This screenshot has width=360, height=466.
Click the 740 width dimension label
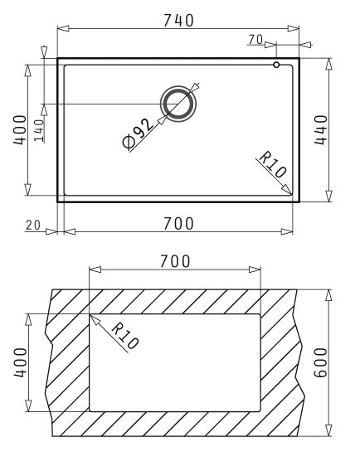[x=178, y=20]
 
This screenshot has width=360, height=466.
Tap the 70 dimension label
[x=255, y=39]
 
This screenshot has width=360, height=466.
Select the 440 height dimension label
[x=322, y=129]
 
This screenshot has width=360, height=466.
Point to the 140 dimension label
[x=39, y=129]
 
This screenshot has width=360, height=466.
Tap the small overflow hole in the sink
[x=277, y=63]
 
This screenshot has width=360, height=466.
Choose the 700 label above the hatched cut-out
[x=175, y=262]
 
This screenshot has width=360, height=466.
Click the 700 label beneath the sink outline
[x=178, y=223]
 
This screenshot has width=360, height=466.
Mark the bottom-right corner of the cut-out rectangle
[x=260, y=411]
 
